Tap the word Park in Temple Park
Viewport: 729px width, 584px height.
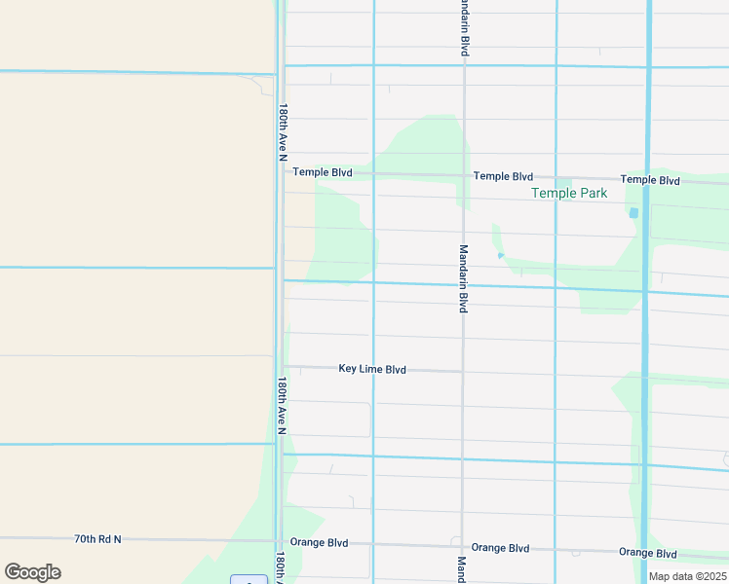tap(594, 194)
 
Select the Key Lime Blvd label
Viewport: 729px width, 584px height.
tap(372, 370)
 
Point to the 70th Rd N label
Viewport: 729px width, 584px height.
tap(97, 538)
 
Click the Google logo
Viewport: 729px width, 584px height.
tap(32, 571)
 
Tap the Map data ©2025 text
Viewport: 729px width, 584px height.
tap(686, 576)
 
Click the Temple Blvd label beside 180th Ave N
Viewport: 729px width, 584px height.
tap(323, 172)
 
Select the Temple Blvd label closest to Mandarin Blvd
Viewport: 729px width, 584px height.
tap(503, 176)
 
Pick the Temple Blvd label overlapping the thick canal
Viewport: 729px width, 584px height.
tap(650, 180)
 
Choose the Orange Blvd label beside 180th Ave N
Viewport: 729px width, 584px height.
tap(319, 543)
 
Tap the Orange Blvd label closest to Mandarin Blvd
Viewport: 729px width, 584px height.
tap(501, 548)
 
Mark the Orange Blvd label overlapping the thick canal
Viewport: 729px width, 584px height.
tap(648, 553)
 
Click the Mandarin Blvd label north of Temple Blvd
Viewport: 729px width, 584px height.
tap(465, 29)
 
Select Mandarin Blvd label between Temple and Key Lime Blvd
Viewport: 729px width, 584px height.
tap(465, 277)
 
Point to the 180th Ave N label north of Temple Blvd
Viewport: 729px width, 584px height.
tap(284, 132)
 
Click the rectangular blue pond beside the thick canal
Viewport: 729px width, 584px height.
tap(633, 212)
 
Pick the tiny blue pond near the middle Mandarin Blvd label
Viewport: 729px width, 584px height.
tap(500, 256)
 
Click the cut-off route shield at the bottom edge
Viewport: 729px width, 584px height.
tap(249, 580)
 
